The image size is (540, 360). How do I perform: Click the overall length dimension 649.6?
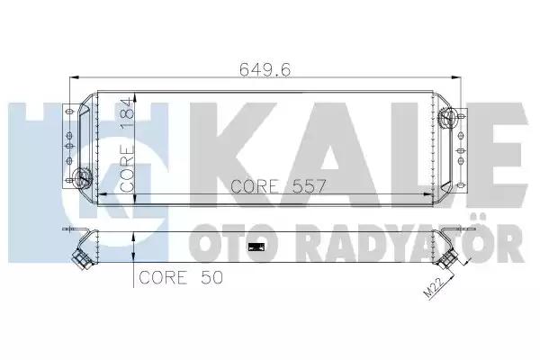click(265, 70)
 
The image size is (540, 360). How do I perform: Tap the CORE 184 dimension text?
click(127, 144)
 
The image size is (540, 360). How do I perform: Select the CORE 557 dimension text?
click(278, 186)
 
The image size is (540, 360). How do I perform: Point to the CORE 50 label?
click(181, 277)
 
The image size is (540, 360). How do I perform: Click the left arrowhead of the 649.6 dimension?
click(75, 77)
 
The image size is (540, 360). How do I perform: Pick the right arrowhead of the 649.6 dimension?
click(456, 77)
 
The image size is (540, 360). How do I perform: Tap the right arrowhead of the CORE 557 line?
click(428, 194)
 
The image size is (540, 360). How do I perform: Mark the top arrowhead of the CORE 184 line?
click(135, 97)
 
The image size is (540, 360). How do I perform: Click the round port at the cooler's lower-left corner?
click(83, 176)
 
